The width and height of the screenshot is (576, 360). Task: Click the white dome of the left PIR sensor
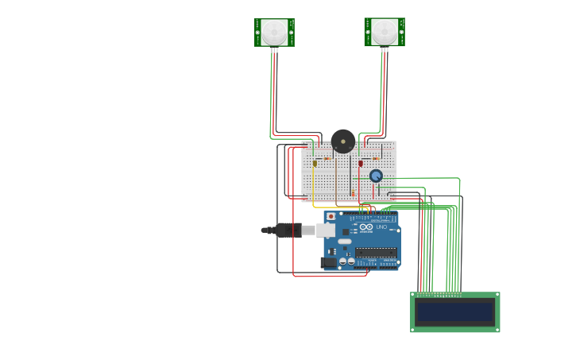(x=274, y=32)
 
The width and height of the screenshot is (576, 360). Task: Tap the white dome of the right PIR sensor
(x=385, y=31)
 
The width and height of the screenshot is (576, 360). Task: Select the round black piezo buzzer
(x=343, y=141)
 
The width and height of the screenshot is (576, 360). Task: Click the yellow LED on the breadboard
(x=315, y=163)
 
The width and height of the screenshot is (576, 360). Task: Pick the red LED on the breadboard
(x=361, y=163)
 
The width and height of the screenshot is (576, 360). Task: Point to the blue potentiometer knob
(x=376, y=176)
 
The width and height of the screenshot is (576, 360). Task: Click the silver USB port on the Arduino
(x=326, y=230)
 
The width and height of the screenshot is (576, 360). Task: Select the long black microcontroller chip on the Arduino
(x=376, y=253)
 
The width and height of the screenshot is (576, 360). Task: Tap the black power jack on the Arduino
(x=328, y=262)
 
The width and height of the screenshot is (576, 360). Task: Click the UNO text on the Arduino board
(x=381, y=227)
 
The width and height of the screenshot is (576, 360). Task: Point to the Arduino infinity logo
(x=365, y=227)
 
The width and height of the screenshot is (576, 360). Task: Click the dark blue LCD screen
(x=454, y=312)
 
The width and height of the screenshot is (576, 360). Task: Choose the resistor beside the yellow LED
(x=327, y=158)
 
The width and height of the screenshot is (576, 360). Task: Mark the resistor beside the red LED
(x=375, y=158)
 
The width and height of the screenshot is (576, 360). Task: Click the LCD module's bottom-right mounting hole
(x=497, y=328)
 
